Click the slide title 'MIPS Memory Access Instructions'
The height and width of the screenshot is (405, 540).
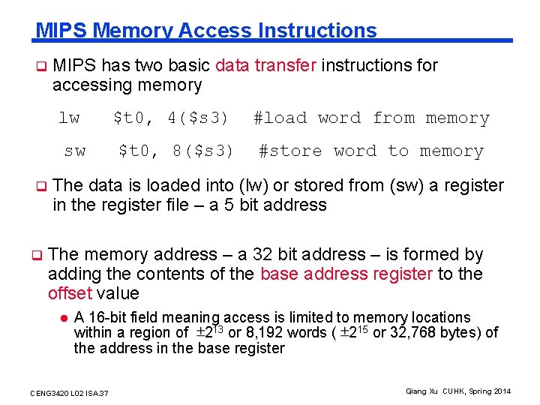[x=206, y=31]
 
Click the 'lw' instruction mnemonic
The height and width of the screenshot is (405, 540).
[x=69, y=118]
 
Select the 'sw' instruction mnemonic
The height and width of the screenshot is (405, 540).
[x=74, y=151]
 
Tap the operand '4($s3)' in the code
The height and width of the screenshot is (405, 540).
[x=198, y=118]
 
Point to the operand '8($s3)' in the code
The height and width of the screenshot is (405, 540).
[x=203, y=151]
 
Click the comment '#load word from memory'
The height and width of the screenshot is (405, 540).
[x=371, y=118]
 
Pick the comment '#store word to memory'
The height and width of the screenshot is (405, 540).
[x=371, y=151]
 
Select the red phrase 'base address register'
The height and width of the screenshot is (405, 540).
[x=346, y=274]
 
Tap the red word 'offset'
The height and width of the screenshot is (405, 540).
[x=68, y=293]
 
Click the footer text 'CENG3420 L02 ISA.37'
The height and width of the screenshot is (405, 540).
[x=69, y=393]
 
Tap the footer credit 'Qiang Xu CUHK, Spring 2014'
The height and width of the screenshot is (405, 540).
[x=457, y=391]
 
